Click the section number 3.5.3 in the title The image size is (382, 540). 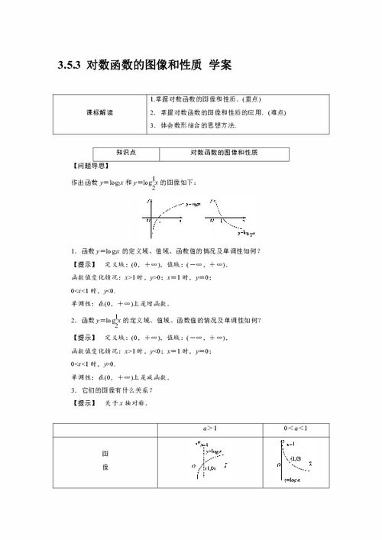coord(70,66)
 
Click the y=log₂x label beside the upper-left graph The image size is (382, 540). coord(196,204)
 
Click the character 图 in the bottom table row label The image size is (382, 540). coord(104,454)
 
